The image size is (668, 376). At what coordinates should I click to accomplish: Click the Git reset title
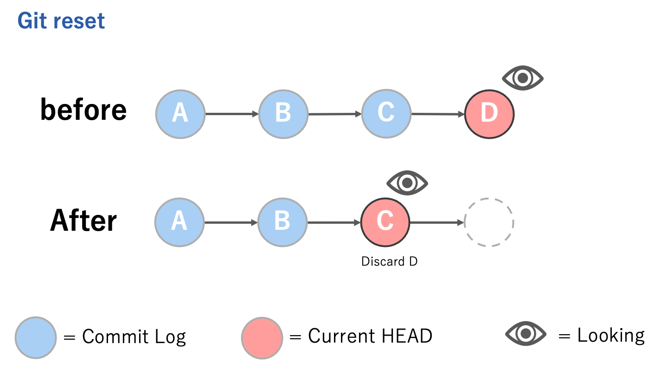61,21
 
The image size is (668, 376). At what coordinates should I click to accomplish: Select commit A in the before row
180,114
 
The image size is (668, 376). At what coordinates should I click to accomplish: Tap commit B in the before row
283,114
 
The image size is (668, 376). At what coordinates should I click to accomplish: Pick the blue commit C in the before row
386,114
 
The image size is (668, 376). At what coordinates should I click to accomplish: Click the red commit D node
489,114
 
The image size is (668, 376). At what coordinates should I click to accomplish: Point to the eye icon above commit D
523,78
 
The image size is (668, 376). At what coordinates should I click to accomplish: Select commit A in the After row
179,222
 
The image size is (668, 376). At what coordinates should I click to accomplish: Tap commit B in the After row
283,222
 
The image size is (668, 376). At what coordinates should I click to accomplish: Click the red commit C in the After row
385,222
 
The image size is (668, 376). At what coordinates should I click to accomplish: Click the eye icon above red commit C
407,183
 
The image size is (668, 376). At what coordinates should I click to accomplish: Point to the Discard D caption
389,262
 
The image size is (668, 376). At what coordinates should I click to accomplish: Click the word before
83,110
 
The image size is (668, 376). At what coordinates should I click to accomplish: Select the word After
83,220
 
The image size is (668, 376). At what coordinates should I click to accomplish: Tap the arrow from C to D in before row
438,114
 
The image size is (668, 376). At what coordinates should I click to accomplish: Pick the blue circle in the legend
36,337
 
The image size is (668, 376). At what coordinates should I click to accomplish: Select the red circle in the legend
262,337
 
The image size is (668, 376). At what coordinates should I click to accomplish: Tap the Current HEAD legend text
370,336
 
